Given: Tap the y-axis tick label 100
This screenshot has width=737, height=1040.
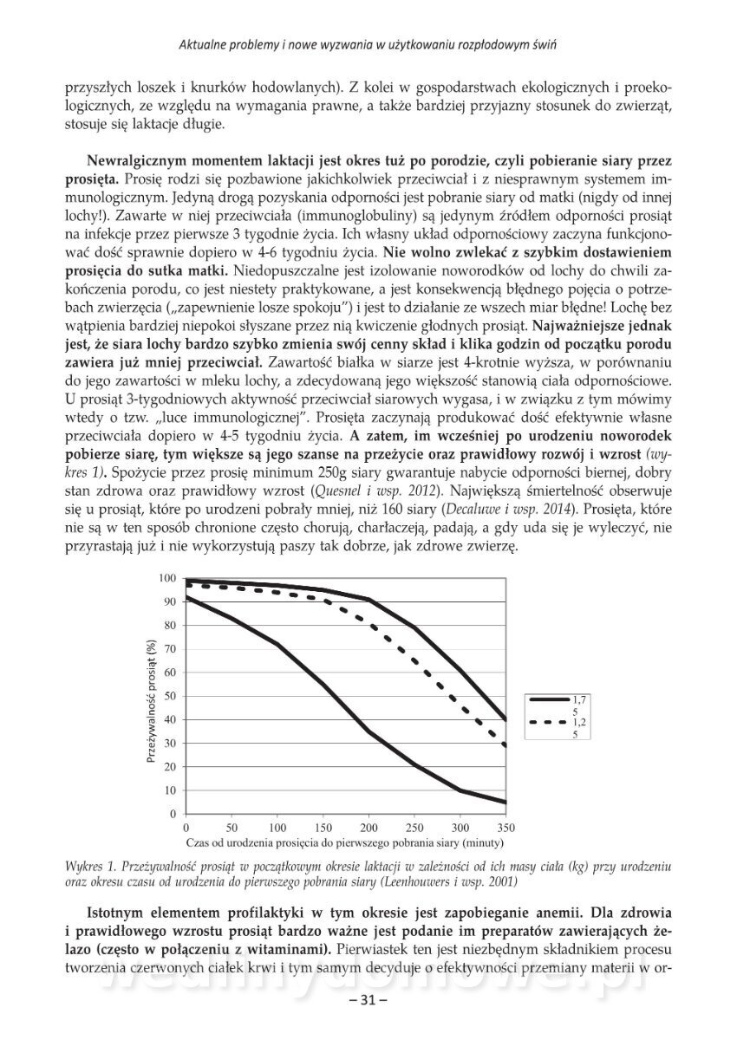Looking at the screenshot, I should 168,578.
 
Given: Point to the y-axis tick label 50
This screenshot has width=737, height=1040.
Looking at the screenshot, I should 171,696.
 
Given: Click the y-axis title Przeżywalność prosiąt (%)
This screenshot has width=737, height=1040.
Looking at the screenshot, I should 151,696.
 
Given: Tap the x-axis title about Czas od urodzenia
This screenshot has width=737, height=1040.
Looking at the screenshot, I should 344,842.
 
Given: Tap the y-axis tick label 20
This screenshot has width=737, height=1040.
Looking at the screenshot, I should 171,767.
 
